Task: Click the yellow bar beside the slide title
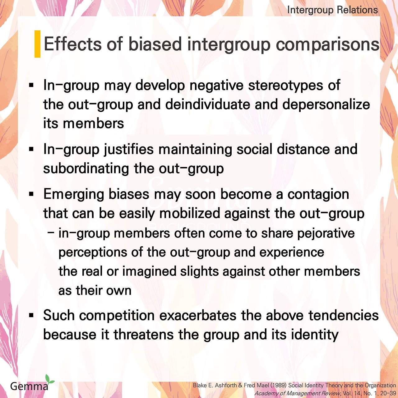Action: pyautogui.click(x=37, y=44)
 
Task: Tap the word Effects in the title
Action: pyautogui.click(x=73, y=44)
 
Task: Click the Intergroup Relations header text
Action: pyautogui.click(x=332, y=10)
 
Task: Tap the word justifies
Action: pyautogui.click(x=129, y=150)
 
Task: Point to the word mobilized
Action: pyautogui.click(x=190, y=213)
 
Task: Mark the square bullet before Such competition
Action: pyautogui.click(x=31, y=315)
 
